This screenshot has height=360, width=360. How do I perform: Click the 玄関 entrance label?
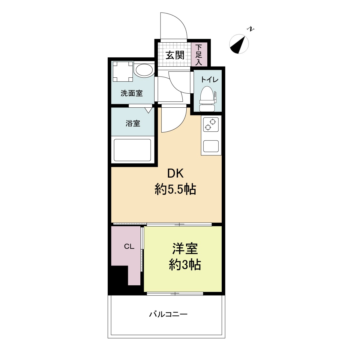[175, 55]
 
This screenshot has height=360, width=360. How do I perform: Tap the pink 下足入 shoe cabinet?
[199, 55]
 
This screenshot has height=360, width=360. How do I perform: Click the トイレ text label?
[210, 80]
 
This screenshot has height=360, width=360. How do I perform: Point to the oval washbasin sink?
[144, 70]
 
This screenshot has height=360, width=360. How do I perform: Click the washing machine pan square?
[122, 71]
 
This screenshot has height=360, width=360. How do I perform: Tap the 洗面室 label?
[132, 93]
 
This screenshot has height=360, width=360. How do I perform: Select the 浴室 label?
[133, 123]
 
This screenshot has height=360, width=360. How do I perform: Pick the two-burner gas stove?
[211, 125]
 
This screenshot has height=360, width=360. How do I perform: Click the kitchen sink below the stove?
[211, 146]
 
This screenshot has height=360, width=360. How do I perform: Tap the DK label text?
[175, 173]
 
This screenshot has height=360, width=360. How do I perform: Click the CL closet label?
[129, 247]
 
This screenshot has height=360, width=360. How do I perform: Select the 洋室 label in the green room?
[185, 249]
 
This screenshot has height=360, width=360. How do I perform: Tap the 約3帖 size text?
[185, 265]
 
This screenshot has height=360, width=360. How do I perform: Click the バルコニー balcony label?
[169, 314]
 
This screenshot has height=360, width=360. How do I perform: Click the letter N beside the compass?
[250, 29]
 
